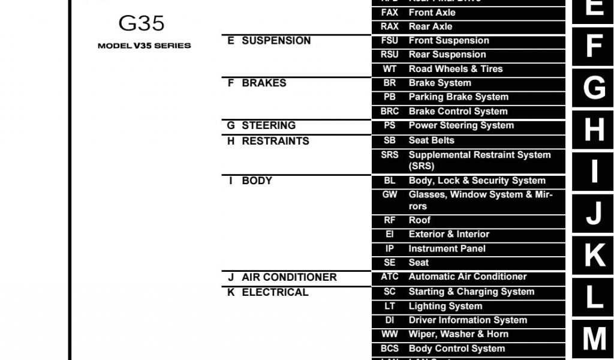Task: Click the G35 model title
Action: [142, 23]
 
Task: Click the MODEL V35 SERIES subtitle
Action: [144, 46]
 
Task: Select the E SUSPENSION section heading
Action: [269, 41]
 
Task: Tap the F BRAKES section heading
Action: [257, 83]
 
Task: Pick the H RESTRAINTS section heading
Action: [268, 141]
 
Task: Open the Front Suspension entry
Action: [449, 41]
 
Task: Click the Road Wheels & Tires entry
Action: [456, 69]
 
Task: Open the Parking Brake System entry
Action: [458, 97]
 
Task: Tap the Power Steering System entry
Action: [461, 125]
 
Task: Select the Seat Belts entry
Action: [431, 140]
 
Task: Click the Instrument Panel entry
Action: [447, 248]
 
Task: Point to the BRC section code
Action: [389, 112]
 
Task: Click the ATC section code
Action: [389, 277]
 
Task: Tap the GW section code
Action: [389, 194]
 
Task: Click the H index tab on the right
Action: [594, 129]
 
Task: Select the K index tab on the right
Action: [594, 255]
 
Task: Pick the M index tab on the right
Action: [594, 339]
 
